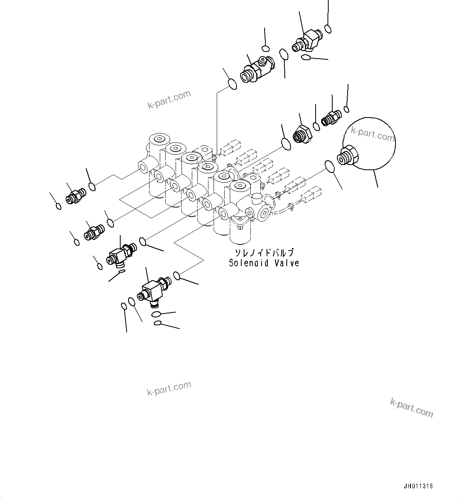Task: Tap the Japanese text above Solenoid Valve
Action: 264,253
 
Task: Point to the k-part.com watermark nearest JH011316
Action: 411,408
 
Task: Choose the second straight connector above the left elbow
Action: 93,232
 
